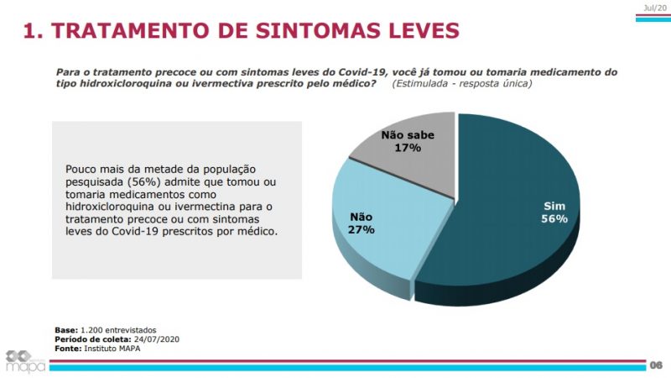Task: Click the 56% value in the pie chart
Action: click(x=554, y=218)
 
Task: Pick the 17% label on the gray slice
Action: click(x=407, y=148)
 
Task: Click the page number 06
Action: click(x=656, y=365)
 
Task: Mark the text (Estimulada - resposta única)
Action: click(x=460, y=84)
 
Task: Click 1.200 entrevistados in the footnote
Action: click(x=118, y=329)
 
